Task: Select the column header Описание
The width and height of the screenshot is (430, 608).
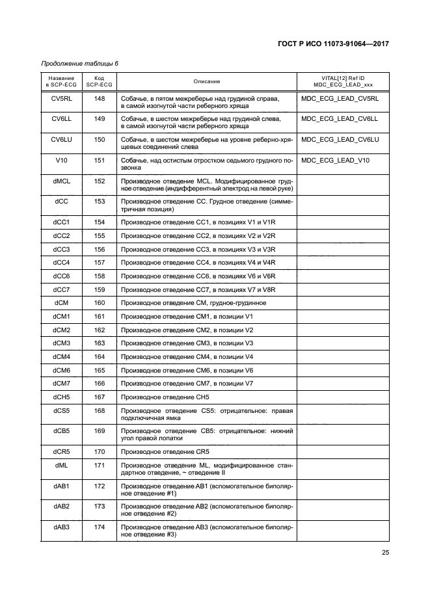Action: click(x=206, y=81)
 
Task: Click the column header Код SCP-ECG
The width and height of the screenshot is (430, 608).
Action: click(x=99, y=81)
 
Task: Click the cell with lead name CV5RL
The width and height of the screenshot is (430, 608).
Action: click(x=61, y=98)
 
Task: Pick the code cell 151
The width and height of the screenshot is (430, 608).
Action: click(x=99, y=160)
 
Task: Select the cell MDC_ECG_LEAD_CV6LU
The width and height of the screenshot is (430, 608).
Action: click(x=340, y=139)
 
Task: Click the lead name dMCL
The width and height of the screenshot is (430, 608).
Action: click(x=61, y=181)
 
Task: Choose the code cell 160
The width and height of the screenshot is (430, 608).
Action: click(x=99, y=302)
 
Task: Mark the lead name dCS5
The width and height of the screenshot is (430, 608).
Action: click(x=61, y=410)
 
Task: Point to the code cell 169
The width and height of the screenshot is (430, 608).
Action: click(x=99, y=430)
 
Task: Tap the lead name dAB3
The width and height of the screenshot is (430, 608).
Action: click(x=61, y=527)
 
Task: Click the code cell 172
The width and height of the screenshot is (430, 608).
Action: click(x=99, y=486)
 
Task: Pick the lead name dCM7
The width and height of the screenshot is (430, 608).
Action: click(x=61, y=383)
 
